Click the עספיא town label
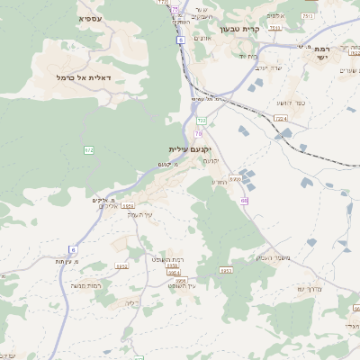pyautogui.click(x=89, y=18)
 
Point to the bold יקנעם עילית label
pyautogui.click(x=189, y=148)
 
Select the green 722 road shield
pyautogui.click(x=202, y=120)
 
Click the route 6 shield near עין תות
pyautogui.click(x=72, y=249)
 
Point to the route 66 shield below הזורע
pyautogui.click(x=244, y=200)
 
